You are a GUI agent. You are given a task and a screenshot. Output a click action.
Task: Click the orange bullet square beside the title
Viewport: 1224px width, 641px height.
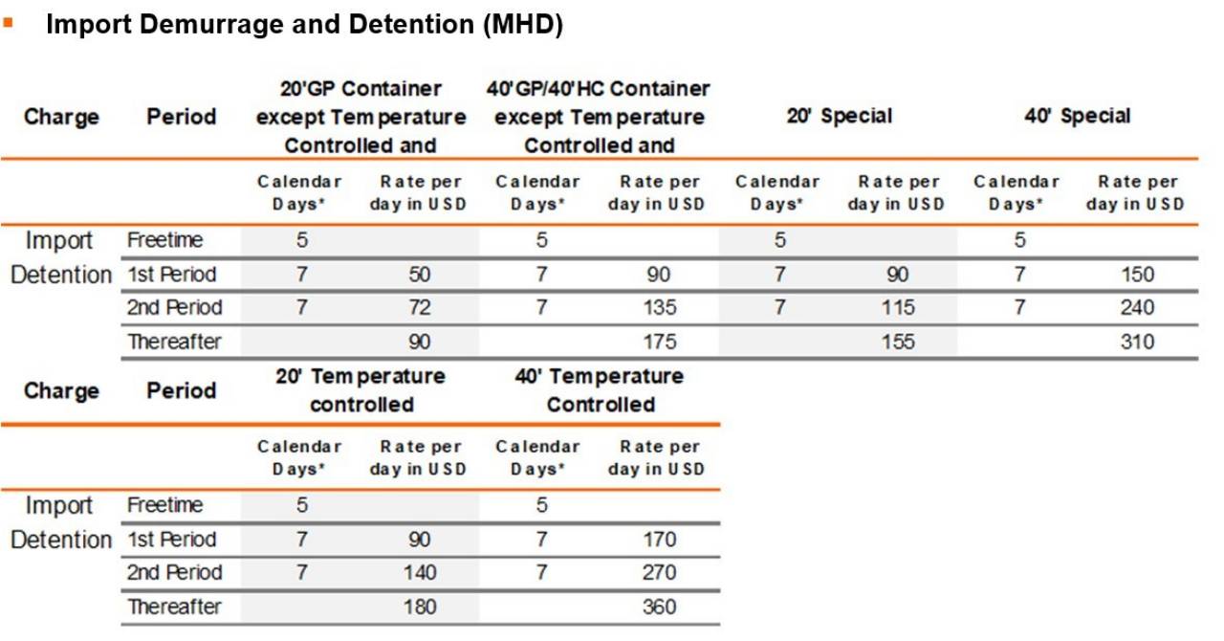(x=8, y=23)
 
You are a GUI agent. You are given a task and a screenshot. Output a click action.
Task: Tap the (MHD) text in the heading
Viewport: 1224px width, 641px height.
(x=523, y=25)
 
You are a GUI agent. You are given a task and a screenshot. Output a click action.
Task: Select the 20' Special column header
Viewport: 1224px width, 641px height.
(x=840, y=116)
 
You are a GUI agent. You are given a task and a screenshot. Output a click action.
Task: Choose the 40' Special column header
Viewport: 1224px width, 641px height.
(x=1078, y=116)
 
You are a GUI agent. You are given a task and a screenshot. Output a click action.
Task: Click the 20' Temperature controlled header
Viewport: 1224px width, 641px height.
(x=361, y=390)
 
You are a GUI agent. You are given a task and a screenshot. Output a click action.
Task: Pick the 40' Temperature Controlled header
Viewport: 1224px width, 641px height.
(x=600, y=390)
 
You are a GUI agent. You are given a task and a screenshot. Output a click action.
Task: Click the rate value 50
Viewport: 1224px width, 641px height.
(x=419, y=274)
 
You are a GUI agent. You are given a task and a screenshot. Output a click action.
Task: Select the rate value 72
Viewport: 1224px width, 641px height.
(x=419, y=307)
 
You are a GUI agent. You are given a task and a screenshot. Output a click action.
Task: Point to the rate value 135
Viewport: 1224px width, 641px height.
(x=660, y=307)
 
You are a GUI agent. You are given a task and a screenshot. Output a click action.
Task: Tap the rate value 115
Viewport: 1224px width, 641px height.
(x=898, y=307)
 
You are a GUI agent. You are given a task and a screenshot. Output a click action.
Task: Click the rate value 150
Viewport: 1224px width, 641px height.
(x=1137, y=274)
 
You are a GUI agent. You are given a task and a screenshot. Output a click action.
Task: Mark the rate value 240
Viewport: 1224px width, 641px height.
(x=1137, y=307)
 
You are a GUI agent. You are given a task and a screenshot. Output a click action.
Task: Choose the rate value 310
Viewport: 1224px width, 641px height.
(x=1137, y=342)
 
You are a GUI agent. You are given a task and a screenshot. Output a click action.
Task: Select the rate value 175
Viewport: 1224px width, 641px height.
(x=660, y=342)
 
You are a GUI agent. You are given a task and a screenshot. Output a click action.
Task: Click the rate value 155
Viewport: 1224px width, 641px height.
(x=898, y=342)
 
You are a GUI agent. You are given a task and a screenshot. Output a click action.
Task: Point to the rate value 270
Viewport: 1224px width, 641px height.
(x=660, y=572)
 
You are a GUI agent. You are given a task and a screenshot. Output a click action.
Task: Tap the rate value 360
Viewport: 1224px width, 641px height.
(x=660, y=607)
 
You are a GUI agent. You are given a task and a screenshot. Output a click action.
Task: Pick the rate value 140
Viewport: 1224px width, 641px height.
(x=420, y=572)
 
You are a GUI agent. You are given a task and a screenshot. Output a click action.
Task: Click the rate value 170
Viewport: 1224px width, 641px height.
(x=660, y=540)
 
